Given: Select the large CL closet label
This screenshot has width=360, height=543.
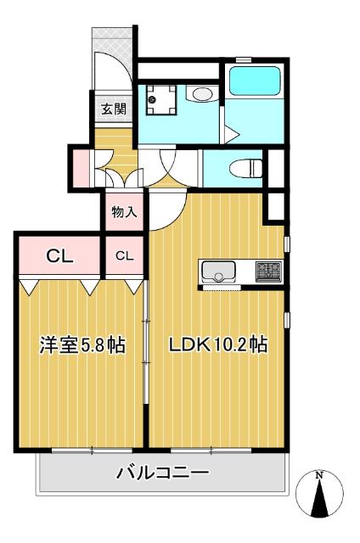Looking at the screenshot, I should (58, 255).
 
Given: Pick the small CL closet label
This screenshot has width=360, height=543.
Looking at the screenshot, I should (125, 255).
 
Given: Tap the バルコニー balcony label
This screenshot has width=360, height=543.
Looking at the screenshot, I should (162, 472).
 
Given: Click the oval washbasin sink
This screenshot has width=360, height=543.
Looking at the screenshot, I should (201, 94).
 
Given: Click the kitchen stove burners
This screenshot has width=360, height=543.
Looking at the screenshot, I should (270, 271).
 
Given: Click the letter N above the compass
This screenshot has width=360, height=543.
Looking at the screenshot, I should (320, 474).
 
